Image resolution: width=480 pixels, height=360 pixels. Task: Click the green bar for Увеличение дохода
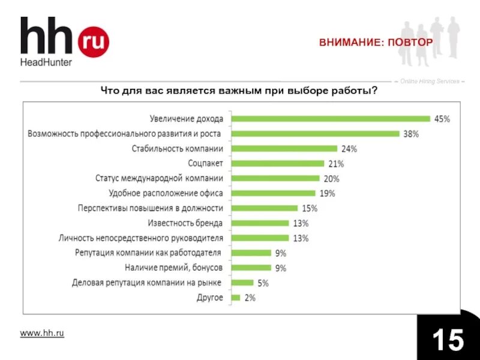coord(331,119)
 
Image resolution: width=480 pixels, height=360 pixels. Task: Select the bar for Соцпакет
coord(277,163)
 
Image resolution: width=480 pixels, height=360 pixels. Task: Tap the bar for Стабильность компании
coord(284,148)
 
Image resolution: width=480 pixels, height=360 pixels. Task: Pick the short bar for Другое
coord(235,298)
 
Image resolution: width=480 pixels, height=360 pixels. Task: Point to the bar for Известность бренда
coord(260,223)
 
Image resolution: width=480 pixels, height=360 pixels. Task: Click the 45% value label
coord(442,119)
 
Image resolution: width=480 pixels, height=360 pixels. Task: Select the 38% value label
coord(411,134)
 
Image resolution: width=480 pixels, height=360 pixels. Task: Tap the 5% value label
coord(263,283)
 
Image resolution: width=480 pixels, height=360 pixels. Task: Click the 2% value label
coord(250,298)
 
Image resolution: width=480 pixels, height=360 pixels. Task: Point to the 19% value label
coord(327,193)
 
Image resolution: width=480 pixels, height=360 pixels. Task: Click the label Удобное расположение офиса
coord(166,193)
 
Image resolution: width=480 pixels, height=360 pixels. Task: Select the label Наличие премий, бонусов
coord(174,268)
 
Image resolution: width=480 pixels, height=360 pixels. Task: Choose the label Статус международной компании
coord(159,178)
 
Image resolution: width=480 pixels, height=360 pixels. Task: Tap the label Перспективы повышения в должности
coord(151,208)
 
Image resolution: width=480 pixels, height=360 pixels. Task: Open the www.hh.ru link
coord(42,333)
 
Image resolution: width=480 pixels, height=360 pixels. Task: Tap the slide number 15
coord(448,340)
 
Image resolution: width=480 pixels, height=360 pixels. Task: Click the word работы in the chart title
coord(357,91)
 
